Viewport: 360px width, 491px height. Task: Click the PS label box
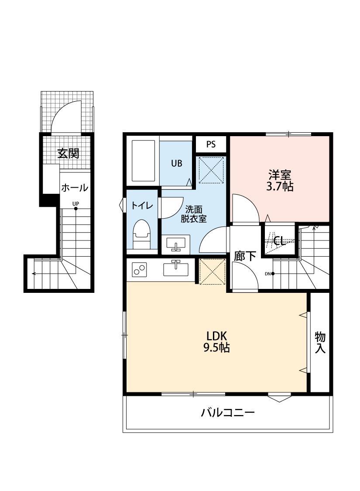211,144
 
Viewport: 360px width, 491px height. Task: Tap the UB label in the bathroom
177,164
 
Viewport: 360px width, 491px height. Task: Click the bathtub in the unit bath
144,161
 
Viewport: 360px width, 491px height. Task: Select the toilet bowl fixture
142,234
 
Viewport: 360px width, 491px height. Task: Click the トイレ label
142,206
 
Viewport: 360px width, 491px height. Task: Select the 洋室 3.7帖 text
280,180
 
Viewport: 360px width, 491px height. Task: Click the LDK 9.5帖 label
216,342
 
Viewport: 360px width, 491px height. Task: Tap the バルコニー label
228,412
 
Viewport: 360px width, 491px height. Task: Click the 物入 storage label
320,343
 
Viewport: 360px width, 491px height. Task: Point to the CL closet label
278,241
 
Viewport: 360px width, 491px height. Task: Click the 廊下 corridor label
245,256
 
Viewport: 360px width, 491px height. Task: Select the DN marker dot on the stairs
273,274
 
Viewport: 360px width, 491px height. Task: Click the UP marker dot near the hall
75,208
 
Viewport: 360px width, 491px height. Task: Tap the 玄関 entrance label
68,154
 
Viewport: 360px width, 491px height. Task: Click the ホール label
75,188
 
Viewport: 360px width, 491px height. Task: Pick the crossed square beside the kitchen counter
212,272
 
